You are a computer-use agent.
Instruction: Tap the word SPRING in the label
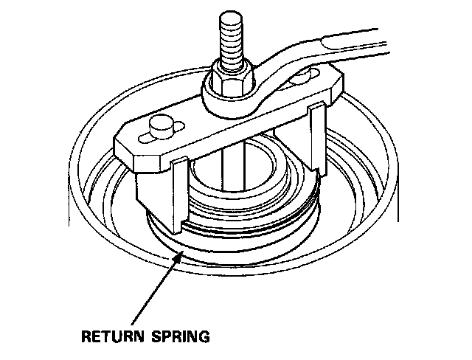pos(180,338)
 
